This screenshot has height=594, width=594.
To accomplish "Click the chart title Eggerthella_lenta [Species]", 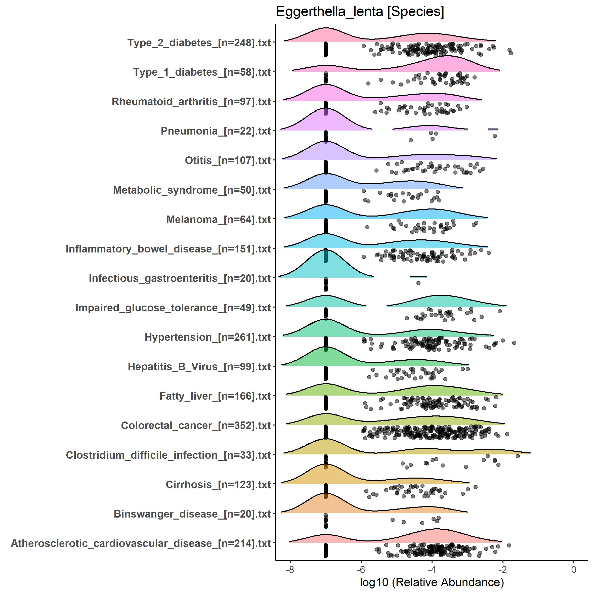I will [360, 12].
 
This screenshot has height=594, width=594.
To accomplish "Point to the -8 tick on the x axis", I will [290, 569].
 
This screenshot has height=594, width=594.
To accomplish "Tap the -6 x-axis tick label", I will [361, 569].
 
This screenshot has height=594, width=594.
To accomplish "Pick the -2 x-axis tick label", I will [503, 569].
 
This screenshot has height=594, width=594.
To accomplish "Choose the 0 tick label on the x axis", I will [574, 569].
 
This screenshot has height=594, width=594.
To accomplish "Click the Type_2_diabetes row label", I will [199, 43].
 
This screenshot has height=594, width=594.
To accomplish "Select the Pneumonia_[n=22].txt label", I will [216, 131].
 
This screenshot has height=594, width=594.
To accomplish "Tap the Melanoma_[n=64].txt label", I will [218, 220].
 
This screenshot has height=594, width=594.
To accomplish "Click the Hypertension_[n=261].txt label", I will [207, 337].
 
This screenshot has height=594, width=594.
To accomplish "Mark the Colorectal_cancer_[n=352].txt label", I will [196, 426].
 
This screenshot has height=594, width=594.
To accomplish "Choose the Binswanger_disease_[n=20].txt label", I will [192, 514].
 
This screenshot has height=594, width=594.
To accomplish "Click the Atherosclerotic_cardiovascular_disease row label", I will [141, 543].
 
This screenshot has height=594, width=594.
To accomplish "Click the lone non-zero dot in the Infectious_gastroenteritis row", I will [418, 283].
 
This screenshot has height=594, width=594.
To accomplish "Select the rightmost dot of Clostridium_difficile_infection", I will [518, 456].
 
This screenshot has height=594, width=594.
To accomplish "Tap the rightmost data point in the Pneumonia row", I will [495, 136].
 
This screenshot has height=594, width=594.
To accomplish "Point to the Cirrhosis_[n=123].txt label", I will [218, 485].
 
